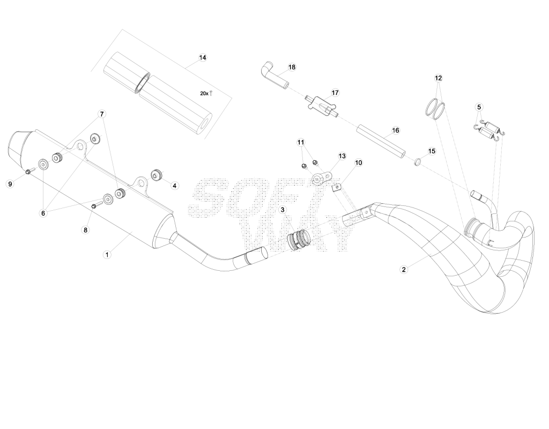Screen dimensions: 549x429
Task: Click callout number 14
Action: pos(203,58)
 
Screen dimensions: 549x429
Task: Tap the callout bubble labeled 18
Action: pos(292,67)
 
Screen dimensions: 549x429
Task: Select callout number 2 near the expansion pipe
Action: pos(404,269)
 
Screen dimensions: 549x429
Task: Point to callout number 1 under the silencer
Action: pos(107,255)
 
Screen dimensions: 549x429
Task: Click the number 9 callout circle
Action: pos(10,184)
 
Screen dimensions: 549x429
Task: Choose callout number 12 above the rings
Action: pos(439,78)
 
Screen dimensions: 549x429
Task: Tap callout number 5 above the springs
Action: pos(479,107)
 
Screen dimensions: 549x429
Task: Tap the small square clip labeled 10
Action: pos(336,188)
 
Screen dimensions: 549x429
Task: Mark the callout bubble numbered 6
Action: pos(43,213)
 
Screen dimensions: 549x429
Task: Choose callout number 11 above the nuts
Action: pos(301,143)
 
